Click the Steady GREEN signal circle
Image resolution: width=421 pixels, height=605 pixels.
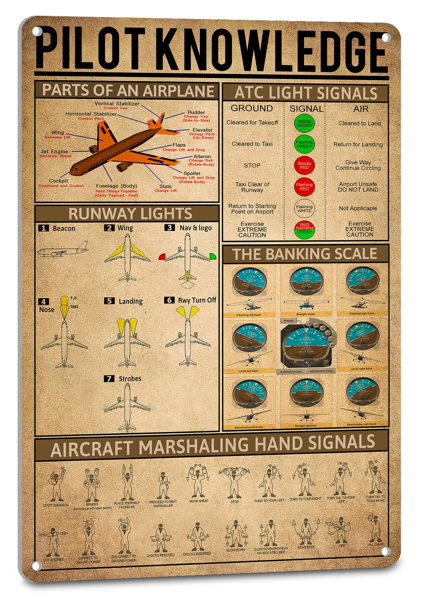coord(304,123)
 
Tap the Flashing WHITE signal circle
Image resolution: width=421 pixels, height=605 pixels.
coord(304,209)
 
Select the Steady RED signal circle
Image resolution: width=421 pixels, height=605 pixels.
coord(304,165)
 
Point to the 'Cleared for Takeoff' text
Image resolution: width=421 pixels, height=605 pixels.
coord(252,123)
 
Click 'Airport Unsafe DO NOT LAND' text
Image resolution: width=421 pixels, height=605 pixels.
coord(358,187)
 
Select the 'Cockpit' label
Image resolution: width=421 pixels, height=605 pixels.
coord(58,181)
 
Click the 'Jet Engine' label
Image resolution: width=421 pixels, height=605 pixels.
coord(54,152)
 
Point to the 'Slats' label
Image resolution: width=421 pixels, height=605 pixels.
coord(165,186)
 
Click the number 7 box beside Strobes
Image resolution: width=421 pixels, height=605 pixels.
coord(109,379)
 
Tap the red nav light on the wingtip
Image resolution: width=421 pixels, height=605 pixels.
coord(162,257)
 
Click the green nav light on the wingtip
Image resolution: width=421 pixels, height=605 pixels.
coord(213,256)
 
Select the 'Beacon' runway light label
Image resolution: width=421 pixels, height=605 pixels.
coord(64,229)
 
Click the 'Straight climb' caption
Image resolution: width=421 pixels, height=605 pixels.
coord(305,314)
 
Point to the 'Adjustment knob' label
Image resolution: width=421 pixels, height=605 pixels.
coord(320,371)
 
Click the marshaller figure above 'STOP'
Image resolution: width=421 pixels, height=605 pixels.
coord(234,483)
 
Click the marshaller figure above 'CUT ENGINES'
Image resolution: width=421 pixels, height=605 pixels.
coord(53,541)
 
